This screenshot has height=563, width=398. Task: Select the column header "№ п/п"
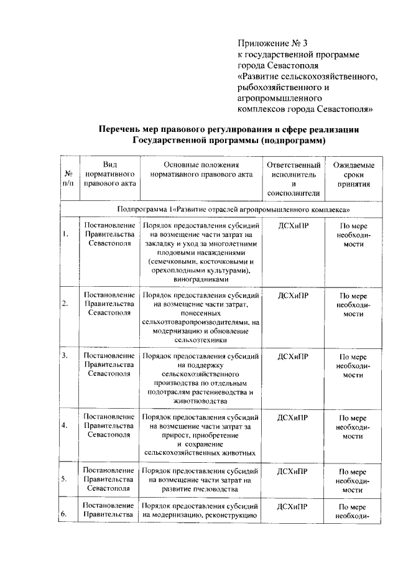point(70,179)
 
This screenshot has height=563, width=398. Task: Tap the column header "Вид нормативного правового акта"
point(109,174)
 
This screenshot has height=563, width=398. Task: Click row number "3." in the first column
point(65,356)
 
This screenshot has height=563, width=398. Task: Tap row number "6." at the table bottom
point(65,513)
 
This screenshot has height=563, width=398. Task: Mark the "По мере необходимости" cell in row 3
point(353,366)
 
